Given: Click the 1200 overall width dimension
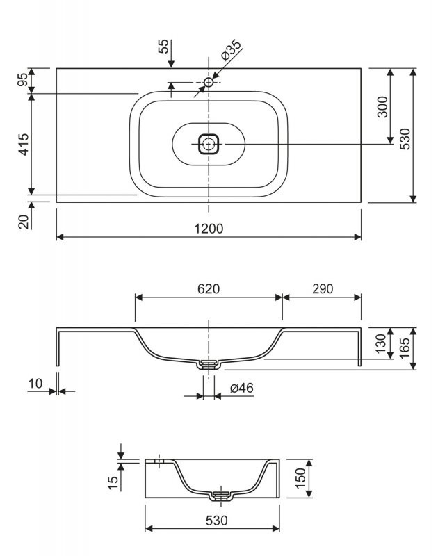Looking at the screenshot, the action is [209, 229].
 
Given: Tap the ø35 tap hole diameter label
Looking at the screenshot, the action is [231, 50].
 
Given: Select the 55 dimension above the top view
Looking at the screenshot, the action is [163, 46].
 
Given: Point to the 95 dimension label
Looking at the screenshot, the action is [23, 79].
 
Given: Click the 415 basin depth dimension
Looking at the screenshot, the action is [24, 144].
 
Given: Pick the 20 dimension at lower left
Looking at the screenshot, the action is [24, 222].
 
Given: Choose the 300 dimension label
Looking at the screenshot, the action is [382, 106].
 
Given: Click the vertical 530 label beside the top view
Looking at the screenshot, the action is [405, 138].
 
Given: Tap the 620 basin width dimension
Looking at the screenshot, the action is [209, 289].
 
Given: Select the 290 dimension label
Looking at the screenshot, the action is [323, 289].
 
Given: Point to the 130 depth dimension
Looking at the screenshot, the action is [380, 343].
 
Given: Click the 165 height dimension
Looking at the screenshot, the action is [405, 348].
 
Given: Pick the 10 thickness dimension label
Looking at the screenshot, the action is [35, 384].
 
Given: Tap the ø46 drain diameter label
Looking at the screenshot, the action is [241, 388].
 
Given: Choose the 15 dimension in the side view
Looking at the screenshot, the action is [113, 482].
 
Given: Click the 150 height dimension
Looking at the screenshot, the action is [300, 478].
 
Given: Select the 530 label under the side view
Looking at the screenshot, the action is [217, 521].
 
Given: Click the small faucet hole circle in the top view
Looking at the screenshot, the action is [209, 82].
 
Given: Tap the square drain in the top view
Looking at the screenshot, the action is [209, 144].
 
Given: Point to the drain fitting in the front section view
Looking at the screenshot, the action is [209, 365].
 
